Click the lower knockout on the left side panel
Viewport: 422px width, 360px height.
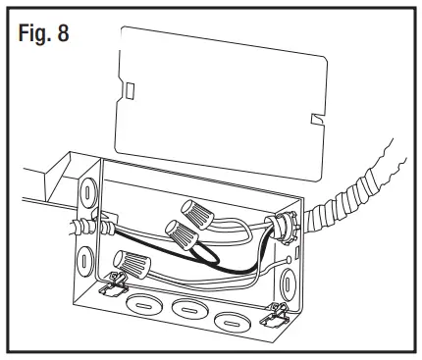85,261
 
